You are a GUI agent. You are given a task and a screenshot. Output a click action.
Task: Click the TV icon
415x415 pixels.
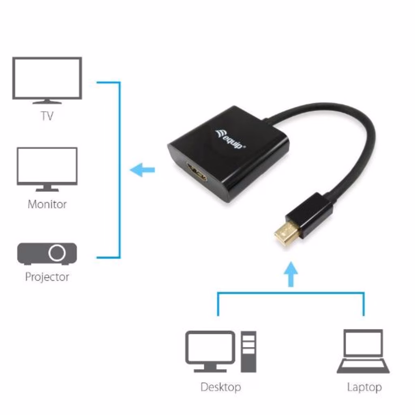pyautogui.click(x=47, y=79)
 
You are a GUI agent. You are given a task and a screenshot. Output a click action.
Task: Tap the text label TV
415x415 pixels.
pyautogui.click(x=47, y=116)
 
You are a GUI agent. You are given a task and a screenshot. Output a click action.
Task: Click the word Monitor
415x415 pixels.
pyautogui.click(x=47, y=204)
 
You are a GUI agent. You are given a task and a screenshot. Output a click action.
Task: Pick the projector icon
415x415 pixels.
pyautogui.click(x=47, y=253)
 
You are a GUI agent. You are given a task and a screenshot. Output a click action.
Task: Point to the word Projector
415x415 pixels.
pyautogui.click(x=47, y=277)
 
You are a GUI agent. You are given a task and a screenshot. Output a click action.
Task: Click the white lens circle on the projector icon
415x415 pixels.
pyautogui.click(x=57, y=253)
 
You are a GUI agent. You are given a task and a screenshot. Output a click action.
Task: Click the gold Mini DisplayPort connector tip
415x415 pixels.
pyautogui.click(x=287, y=233)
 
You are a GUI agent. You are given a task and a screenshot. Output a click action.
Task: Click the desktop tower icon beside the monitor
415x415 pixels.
pyautogui.click(x=248, y=351)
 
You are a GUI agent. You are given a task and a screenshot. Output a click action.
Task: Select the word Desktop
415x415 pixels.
pyautogui.click(x=220, y=387)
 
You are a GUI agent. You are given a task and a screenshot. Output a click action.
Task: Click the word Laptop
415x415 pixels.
pyautogui.click(x=364, y=387)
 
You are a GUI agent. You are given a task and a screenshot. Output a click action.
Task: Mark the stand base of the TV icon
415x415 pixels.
pyautogui.click(x=47, y=101)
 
